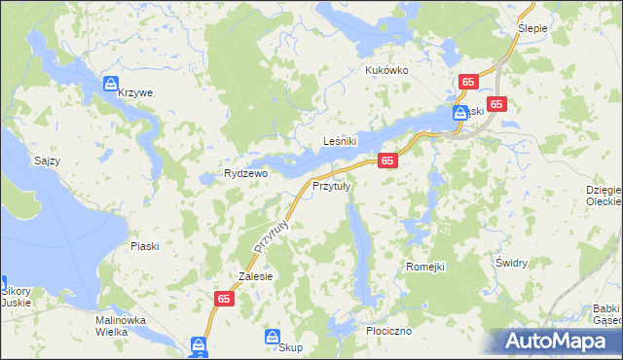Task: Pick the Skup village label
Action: (x=290, y=347)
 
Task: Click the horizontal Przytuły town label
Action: (x=331, y=187)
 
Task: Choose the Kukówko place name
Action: (x=385, y=71)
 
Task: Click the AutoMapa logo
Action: (x=558, y=341)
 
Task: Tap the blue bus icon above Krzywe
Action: (x=111, y=84)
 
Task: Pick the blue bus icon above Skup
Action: (x=274, y=336)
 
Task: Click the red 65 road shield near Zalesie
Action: (x=224, y=302)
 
